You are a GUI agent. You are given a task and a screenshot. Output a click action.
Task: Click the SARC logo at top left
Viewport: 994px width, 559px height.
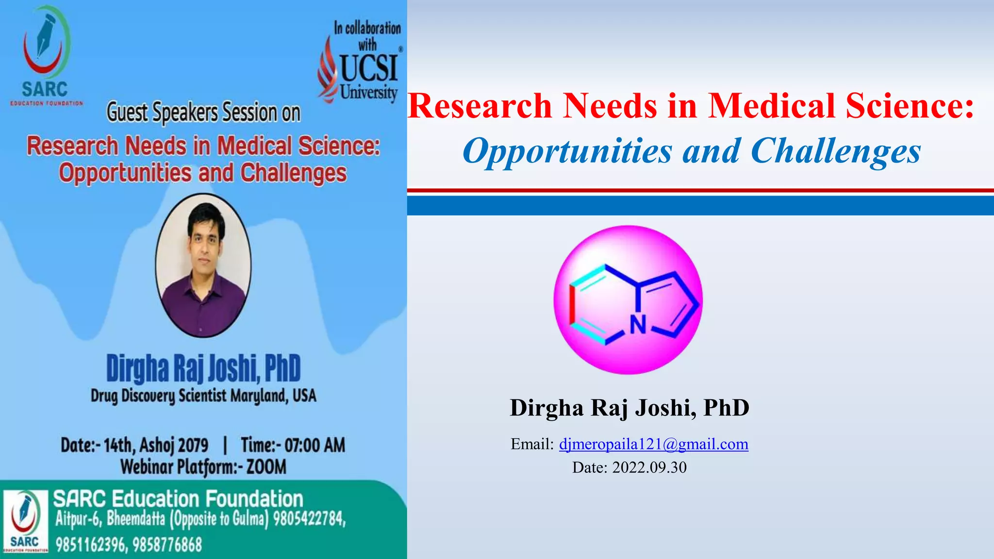(46, 56)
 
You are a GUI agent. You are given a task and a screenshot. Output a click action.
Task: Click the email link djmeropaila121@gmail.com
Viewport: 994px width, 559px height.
(653, 444)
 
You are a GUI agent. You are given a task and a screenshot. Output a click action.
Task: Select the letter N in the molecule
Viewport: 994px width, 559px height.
(638, 325)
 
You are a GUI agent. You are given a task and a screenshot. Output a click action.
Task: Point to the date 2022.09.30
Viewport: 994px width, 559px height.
(649, 467)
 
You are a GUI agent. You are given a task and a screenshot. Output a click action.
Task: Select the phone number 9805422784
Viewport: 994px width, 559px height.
(309, 519)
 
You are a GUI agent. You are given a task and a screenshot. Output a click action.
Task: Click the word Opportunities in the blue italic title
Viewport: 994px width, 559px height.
(567, 151)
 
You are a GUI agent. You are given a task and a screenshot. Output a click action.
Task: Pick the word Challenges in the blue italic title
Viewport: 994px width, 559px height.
(835, 151)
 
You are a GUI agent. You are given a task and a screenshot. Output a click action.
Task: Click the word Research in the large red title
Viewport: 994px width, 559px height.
(480, 106)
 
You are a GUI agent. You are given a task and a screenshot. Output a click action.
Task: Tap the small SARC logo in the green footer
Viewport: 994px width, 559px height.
(25, 521)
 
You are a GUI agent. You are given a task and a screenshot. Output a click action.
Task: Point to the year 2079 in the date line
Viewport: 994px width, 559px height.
(193, 445)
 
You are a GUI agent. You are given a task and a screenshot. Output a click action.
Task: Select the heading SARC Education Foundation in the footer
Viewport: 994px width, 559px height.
(178, 499)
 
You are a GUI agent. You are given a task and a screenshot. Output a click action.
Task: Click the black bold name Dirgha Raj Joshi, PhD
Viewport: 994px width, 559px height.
(629, 407)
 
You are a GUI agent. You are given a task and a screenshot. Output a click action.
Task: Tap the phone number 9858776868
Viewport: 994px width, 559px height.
(166, 545)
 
